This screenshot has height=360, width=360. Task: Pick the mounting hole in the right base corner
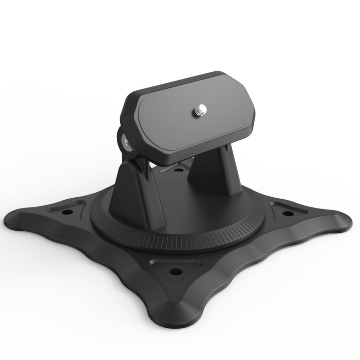click(288, 213)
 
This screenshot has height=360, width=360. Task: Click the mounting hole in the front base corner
click(176, 271)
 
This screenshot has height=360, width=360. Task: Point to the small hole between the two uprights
click(179, 170)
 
